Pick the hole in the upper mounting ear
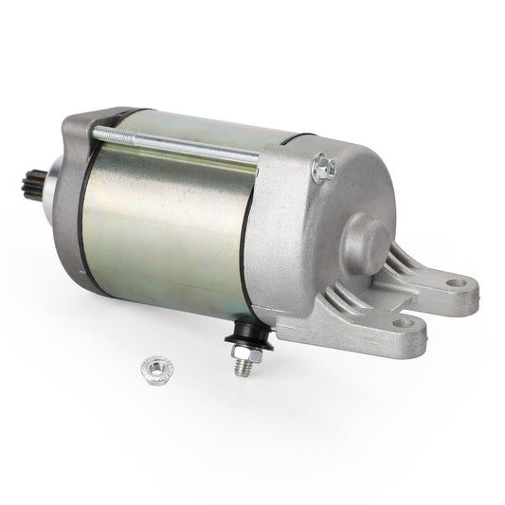pos(453,282)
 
